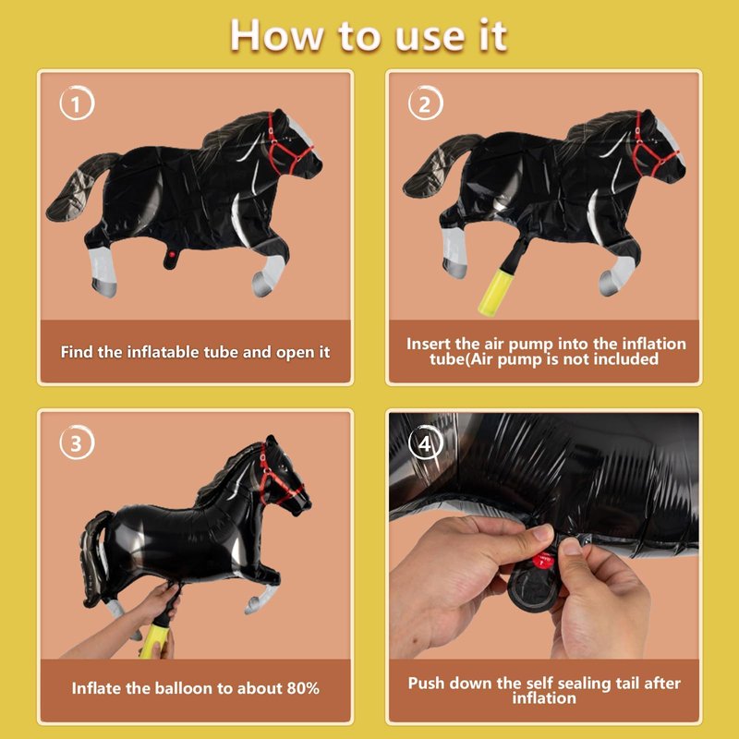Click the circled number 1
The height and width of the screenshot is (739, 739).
tap(77, 103)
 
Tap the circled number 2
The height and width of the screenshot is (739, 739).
tap(425, 103)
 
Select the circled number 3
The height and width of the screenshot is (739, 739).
tap(77, 442)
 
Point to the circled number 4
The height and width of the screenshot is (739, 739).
tap(425, 442)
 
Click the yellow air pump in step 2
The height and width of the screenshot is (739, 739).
tap(495, 291)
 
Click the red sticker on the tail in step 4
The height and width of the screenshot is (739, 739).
tap(543, 561)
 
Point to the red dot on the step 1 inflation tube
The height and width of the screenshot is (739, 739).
tap(172, 255)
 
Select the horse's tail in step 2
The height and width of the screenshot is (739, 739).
tap(438, 166)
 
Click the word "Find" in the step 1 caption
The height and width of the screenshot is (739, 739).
tap(77, 352)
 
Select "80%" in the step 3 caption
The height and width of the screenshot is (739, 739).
tap(303, 688)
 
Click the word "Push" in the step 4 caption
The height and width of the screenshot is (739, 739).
tap(426, 683)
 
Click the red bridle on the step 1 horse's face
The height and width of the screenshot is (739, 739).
tap(286, 145)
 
